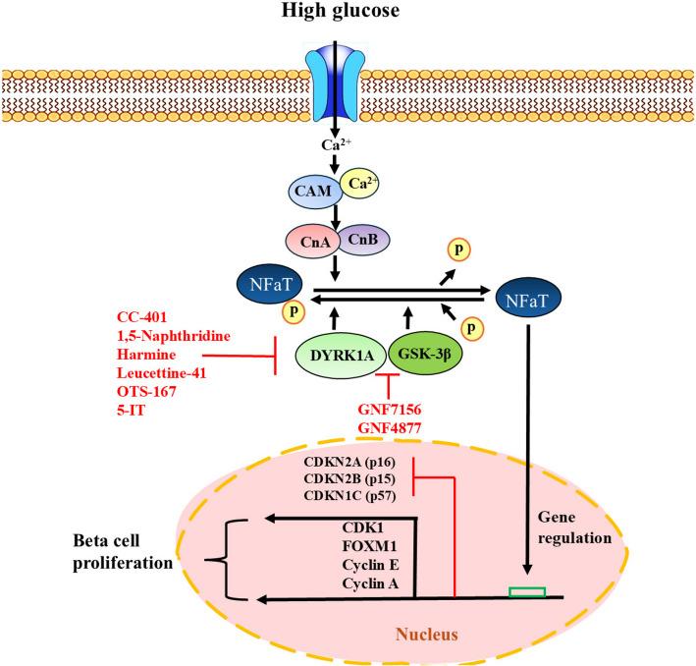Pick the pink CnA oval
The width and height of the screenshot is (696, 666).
pyautogui.click(x=309, y=240)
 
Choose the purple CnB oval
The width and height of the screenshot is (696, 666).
pyautogui.click(x=364, y=240)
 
